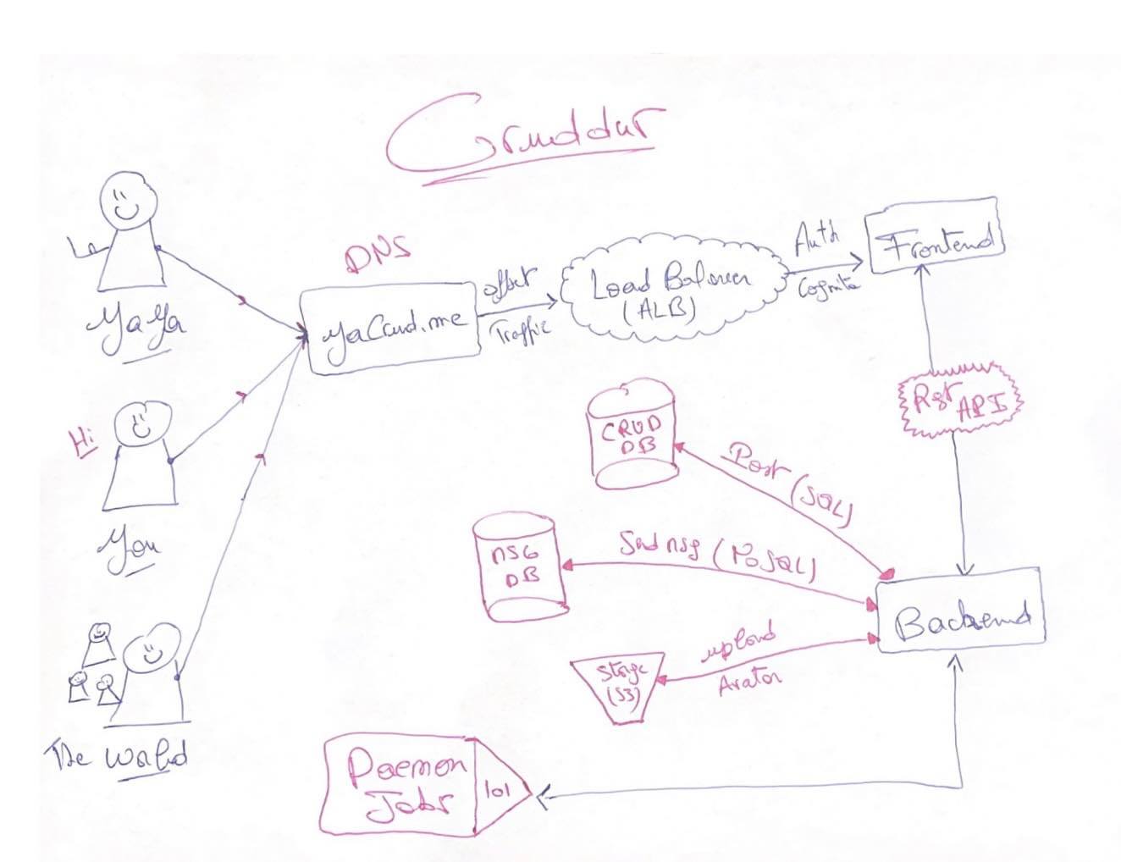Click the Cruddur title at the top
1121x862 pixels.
[x=523, y=135]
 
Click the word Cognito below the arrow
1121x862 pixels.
[x=827, y=286]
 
